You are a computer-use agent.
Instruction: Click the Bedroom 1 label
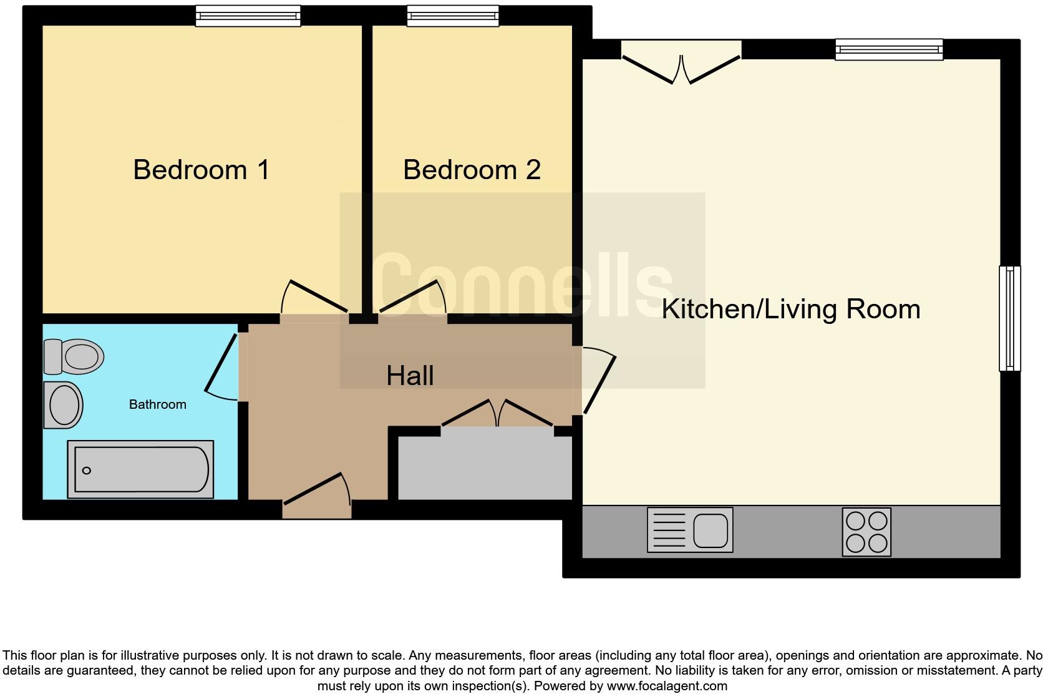tap(201, 170)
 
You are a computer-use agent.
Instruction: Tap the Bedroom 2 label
tap(472, 170)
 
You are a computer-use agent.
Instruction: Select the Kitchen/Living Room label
tap(790, 310)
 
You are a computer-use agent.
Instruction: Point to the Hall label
tap(410, 376)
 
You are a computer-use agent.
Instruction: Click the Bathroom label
tap(157, 404)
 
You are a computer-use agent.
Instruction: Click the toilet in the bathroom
tap(74, 356)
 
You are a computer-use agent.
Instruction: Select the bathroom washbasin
tap(63, 405)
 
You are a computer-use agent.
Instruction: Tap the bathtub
tap(140, 469)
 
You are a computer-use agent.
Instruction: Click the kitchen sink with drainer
tap(690, 530)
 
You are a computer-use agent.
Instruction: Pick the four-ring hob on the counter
tap(866, 532)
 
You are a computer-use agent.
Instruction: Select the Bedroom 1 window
tap(248, 16)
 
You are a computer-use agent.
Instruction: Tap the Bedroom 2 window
tap(453, 16)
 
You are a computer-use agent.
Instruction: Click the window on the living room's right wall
tap(1010, 318)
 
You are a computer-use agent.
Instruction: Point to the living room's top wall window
tap(889, 49)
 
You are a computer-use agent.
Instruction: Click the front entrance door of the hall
tap(317, 496)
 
